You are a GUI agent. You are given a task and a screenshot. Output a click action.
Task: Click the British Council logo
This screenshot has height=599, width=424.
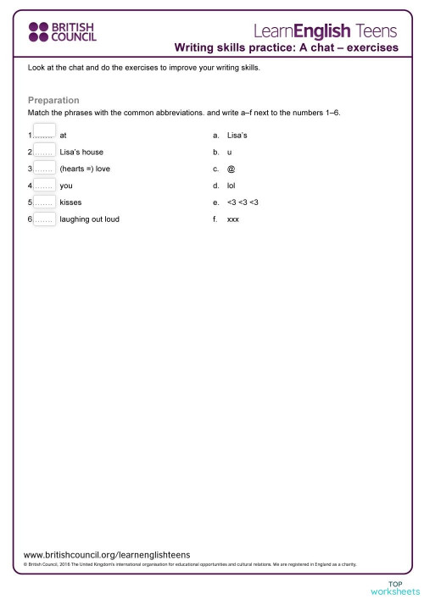point(63,32)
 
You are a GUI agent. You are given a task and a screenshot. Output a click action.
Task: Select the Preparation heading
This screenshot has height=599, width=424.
point(53,100)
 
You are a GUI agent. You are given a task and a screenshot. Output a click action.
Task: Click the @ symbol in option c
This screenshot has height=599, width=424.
point(232,169)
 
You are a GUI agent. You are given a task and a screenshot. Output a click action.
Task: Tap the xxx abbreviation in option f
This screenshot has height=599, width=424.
point(233,219)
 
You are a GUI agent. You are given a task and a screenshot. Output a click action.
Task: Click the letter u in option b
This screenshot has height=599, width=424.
point(230,152)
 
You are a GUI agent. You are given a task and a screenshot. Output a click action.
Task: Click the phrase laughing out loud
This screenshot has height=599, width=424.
point(90,219)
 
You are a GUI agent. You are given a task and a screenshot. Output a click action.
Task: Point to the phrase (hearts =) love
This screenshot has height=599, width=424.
point(85,169)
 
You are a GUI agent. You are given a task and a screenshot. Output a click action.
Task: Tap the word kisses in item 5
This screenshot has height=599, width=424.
point(70,202)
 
